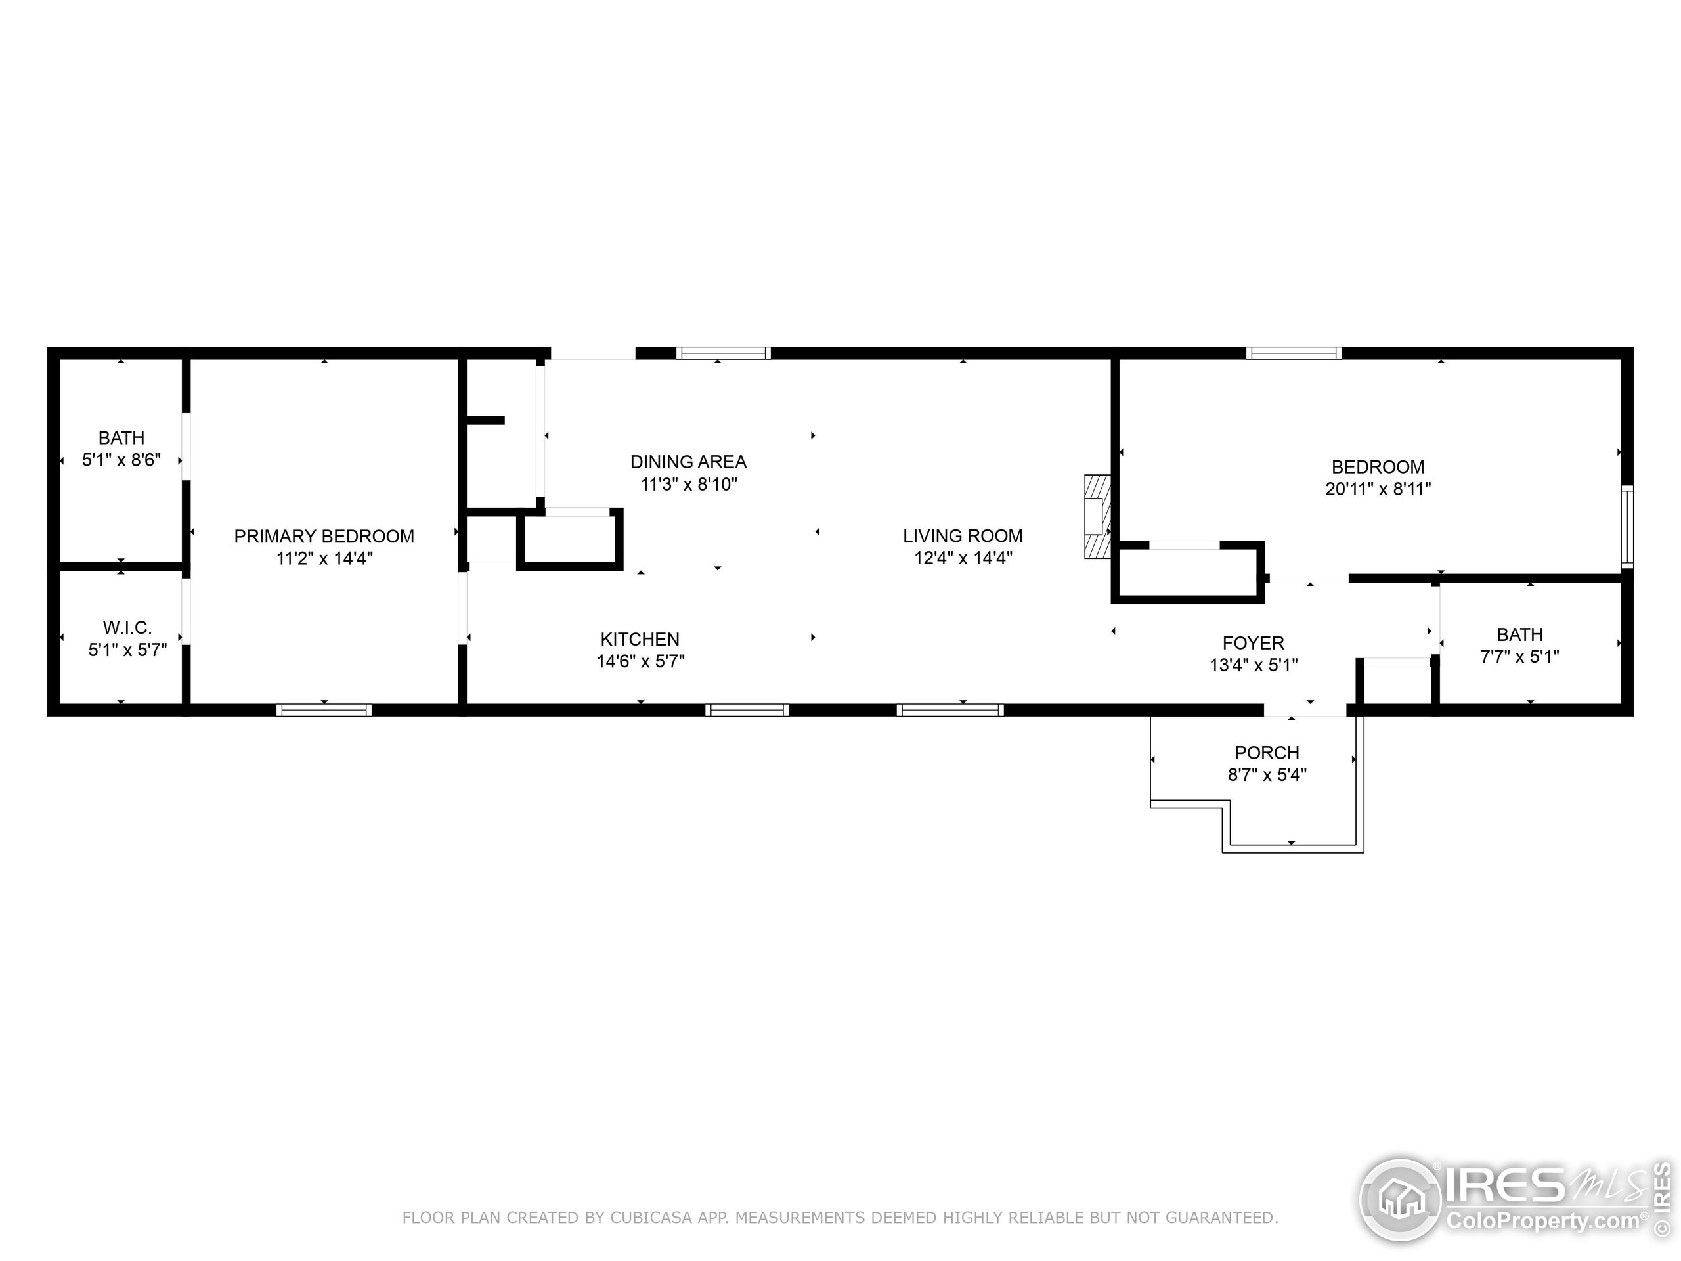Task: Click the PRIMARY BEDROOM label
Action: [324, 536]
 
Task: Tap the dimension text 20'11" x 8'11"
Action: [1378, 489]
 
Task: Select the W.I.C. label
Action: [127, 627]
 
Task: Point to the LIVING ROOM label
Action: [962, 536]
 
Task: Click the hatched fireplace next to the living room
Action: [1097, 517]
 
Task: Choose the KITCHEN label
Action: [640, 639]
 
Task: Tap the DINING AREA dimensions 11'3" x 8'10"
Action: [689, 484]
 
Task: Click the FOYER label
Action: [1253, 643]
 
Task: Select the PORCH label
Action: [1267, 753]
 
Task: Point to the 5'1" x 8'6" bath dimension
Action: [121, 460]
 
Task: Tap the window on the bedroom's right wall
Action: [1627, 527]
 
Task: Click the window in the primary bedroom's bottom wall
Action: [324, 710]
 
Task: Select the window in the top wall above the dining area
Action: [724, 353]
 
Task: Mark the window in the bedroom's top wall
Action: [1293, 353]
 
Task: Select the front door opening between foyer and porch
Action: [1305, 711]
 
